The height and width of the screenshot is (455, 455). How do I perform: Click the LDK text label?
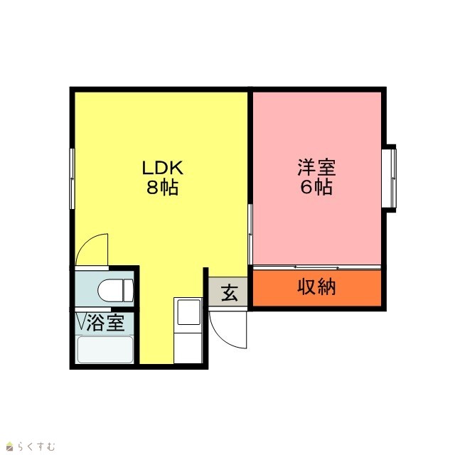click(x=163, y=168)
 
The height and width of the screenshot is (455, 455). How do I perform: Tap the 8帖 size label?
click(x=162, y=187)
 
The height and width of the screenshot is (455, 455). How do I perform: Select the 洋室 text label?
click(x=316, y=168)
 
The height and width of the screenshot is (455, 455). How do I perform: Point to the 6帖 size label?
click(x=316, y=187)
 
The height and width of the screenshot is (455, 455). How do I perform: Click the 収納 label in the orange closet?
click(x=316, y=287)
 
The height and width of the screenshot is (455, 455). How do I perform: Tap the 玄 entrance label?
click(x=229, y=292)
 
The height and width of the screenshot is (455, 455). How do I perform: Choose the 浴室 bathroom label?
click(x=106, y=323)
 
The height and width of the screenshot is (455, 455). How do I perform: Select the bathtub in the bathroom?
click(x=105, y=349)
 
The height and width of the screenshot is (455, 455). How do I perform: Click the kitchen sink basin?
click(x=189, y=312)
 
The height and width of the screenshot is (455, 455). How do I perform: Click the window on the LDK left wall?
click(x=72, y=178)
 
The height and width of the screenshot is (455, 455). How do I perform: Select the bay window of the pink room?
click(x=389, y=178)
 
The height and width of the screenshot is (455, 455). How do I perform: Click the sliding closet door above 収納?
click(x=317, y=267)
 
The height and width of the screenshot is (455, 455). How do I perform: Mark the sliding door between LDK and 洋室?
click(x=250, y=234)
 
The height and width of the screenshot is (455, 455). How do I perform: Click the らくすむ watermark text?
click(x=36, y=446)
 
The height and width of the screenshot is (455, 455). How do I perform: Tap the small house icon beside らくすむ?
click(x=10, y=446)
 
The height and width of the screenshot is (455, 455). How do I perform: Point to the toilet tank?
click(x=129, y=290)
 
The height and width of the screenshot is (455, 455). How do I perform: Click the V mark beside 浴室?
click(x=81, y=321)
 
